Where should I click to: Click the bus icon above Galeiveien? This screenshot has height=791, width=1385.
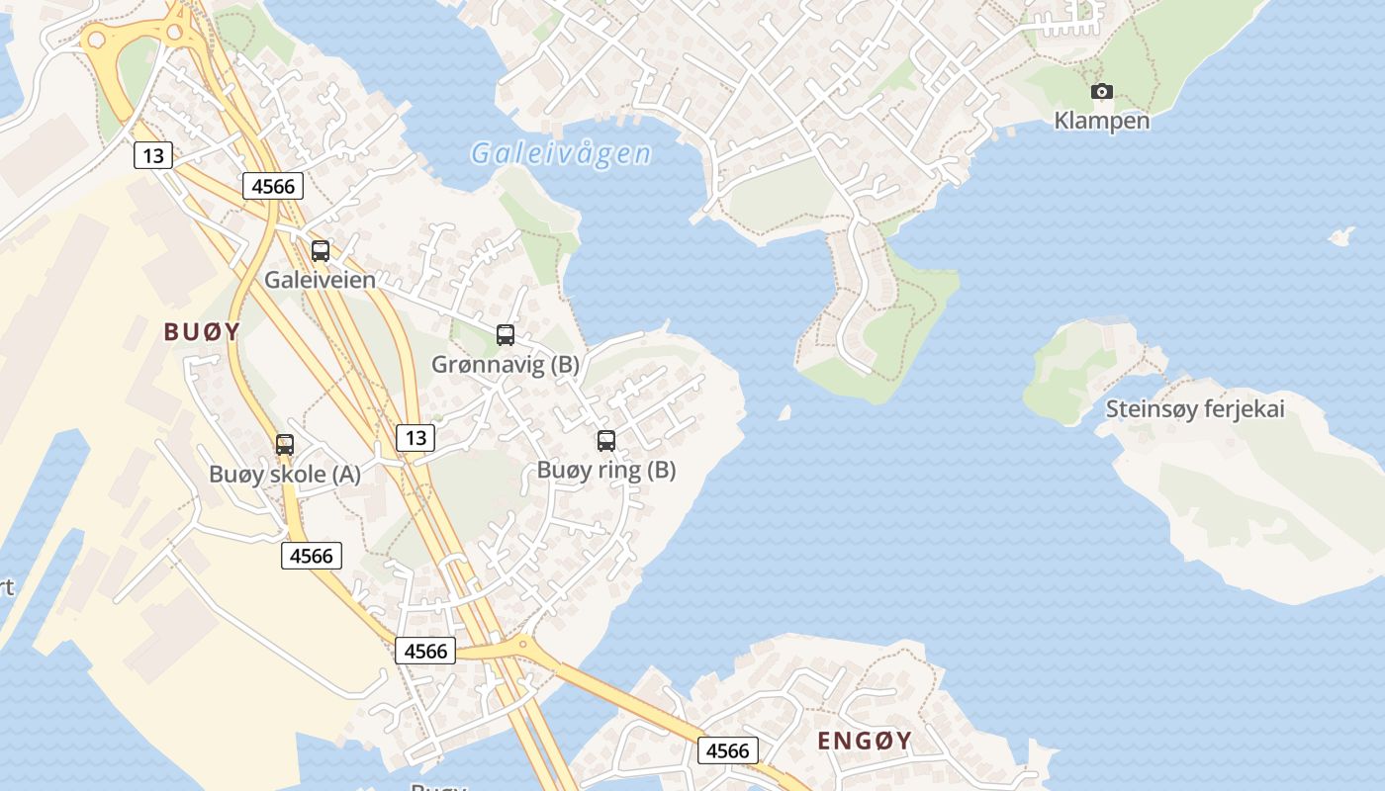click(320, 251)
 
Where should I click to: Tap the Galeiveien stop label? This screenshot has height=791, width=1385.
click(320, 280)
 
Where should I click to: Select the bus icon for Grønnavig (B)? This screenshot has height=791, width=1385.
click(506, 335)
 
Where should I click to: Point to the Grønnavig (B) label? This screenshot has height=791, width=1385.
click(506, 365)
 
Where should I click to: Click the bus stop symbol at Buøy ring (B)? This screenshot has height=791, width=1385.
click(606, 441)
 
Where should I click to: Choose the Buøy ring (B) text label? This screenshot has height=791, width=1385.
click(606, 471)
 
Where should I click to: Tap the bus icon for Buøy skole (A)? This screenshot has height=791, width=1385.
click(285, 445)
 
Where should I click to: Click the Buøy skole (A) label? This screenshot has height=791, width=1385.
click(285, 475)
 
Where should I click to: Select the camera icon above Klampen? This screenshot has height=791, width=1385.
click(1101, 92)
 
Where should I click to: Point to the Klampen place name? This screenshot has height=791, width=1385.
click(1102, 121)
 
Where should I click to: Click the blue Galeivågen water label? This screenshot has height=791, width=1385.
click(561, 153)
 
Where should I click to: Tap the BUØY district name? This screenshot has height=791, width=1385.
click(202, 331)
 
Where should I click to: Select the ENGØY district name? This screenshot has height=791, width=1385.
click(865, 741)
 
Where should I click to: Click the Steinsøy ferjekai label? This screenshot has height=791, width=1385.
click(1195, 409)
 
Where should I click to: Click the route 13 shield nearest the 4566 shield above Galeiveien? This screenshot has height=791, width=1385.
click(152, 155)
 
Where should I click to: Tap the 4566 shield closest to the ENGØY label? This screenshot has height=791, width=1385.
click(728, 750)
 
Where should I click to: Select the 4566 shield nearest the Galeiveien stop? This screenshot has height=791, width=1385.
click(273, 185)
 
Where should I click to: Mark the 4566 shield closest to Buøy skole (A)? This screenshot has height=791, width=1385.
click(312, 556)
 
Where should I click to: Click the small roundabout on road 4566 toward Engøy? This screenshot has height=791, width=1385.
click(521, 648)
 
